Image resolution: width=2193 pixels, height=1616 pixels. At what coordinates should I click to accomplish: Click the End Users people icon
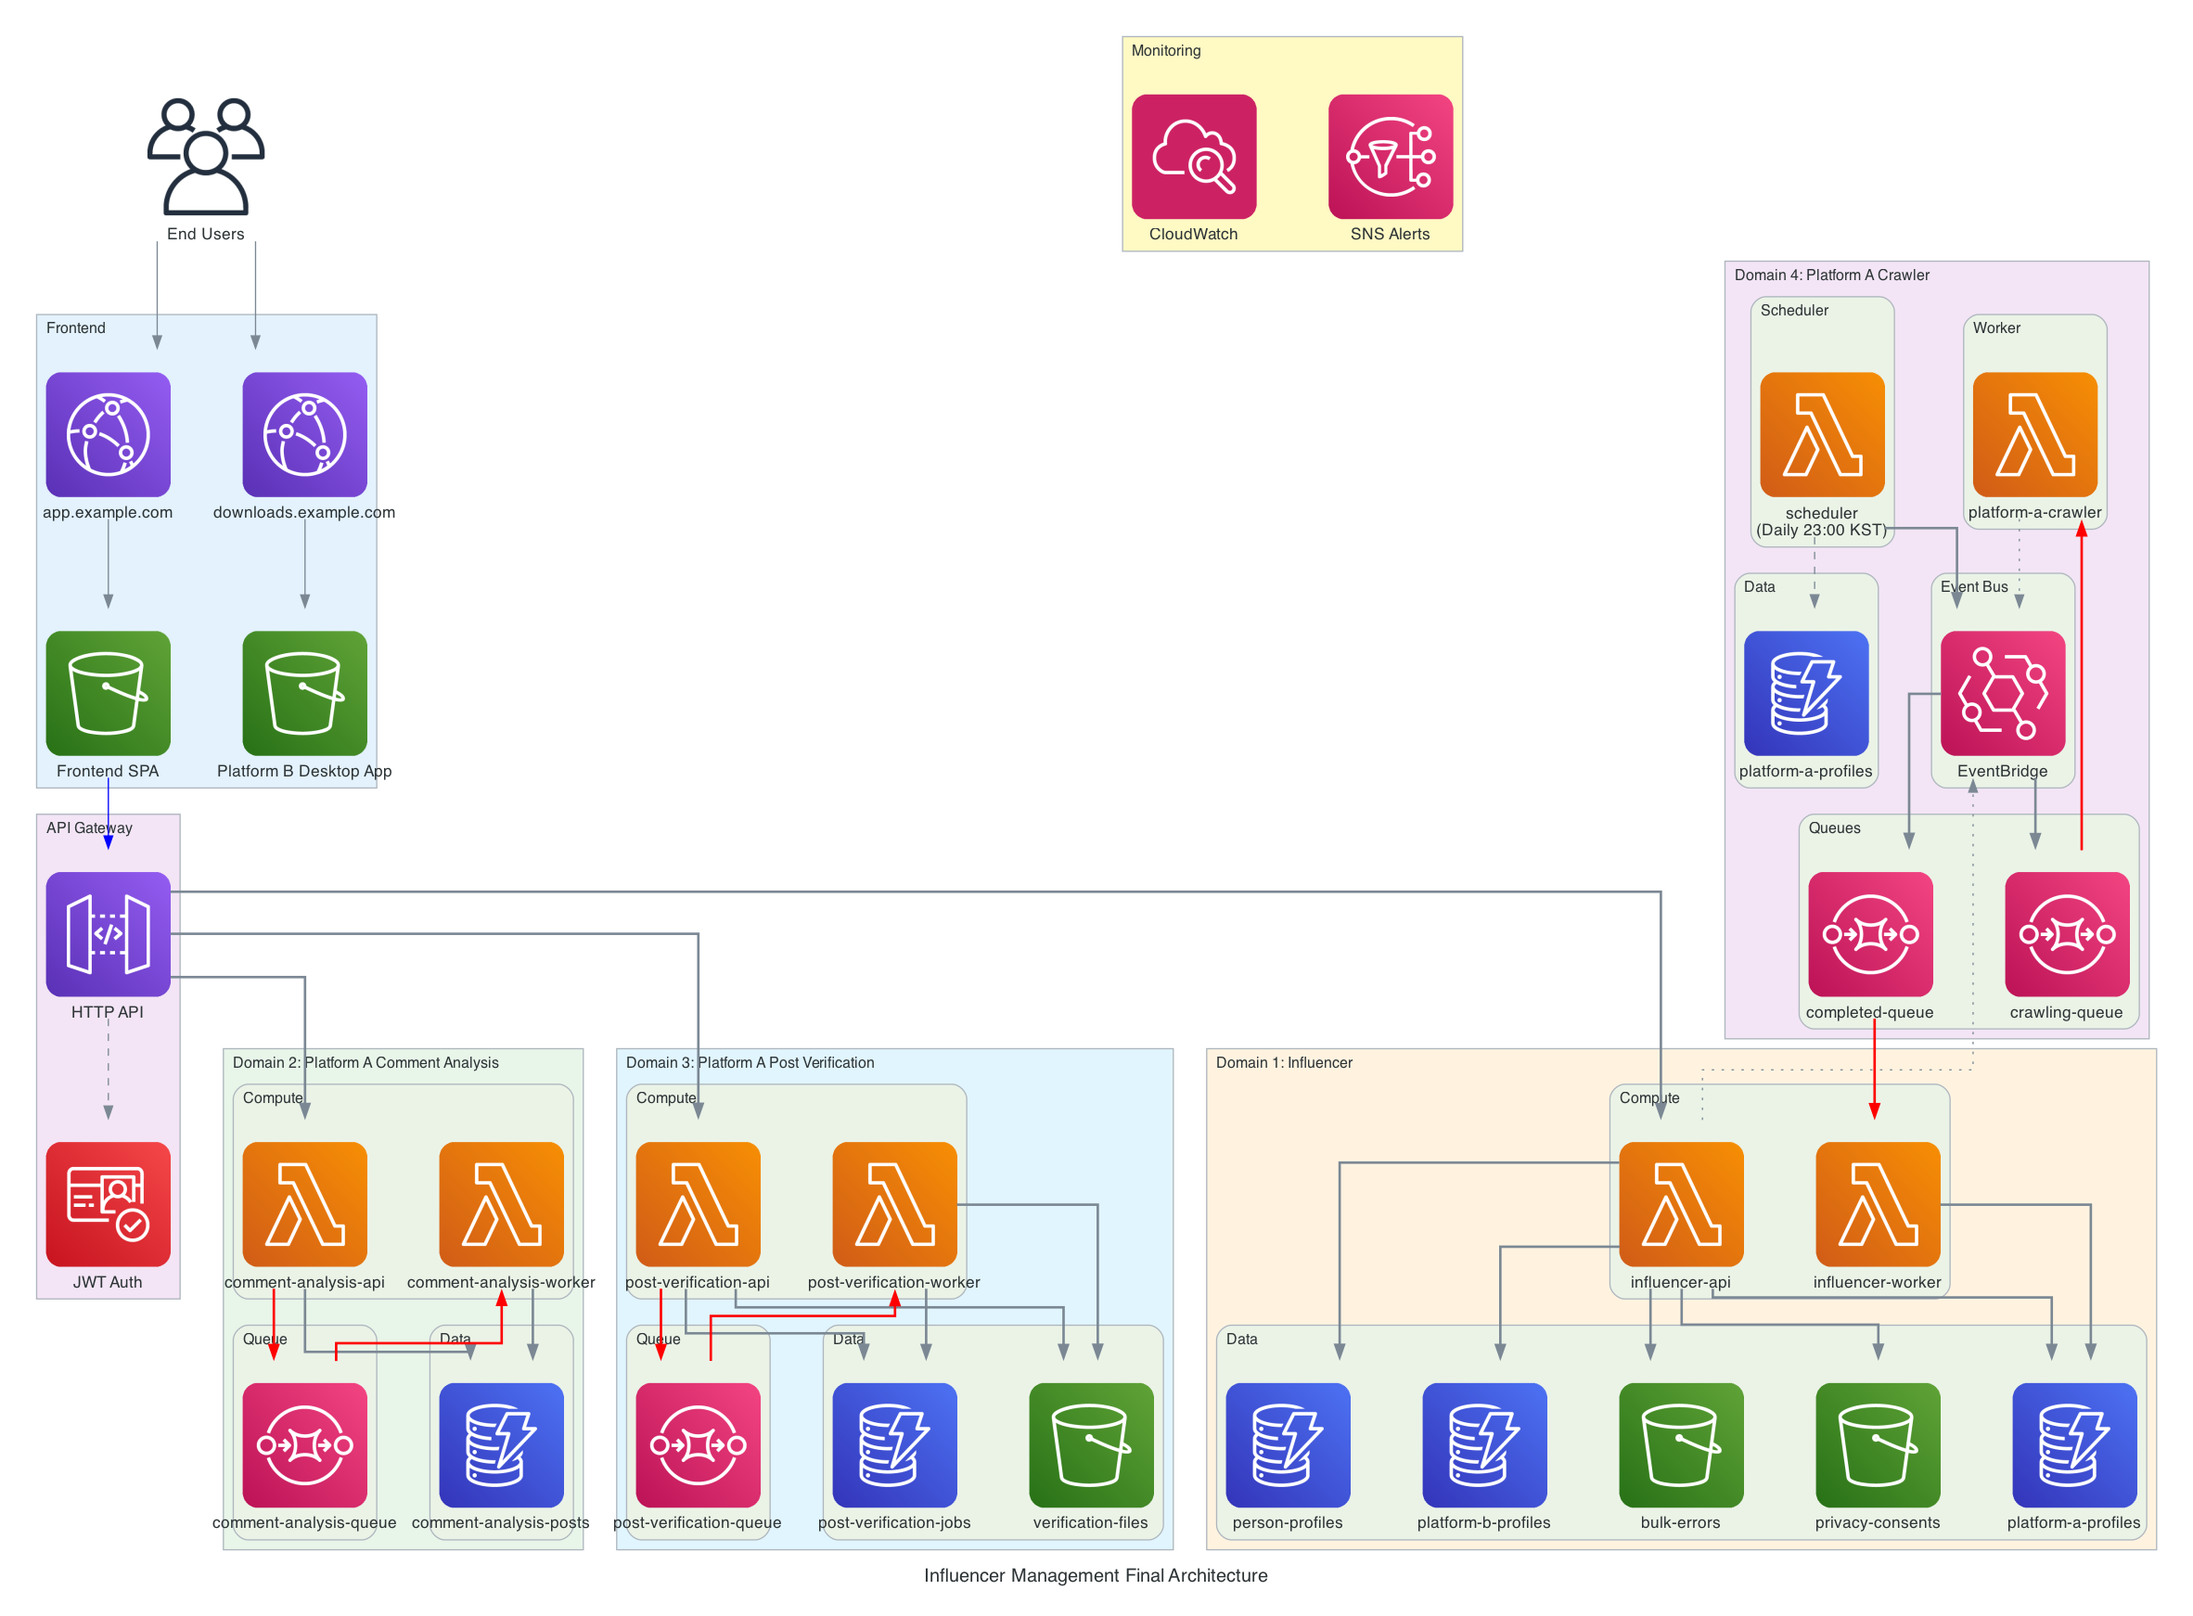[205, 157]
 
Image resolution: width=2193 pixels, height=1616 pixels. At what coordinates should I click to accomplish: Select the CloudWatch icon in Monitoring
[1193, 157]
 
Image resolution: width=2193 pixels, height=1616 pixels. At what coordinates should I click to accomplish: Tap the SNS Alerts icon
[1390, 157]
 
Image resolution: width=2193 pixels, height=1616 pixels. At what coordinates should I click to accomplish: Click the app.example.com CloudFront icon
[108, 434]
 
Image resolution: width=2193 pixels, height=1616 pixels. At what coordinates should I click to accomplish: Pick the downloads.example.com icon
[304, 434]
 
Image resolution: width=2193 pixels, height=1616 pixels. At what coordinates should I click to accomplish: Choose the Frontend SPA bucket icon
[108, 693]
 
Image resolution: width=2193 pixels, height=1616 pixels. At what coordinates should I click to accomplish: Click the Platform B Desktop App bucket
[304, 693]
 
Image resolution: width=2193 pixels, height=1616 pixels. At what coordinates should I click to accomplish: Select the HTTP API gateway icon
[108, 934]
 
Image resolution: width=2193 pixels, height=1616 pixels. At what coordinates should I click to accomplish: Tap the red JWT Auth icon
[108, 1204]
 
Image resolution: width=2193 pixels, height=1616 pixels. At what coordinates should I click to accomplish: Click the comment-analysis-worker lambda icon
[501, 1204]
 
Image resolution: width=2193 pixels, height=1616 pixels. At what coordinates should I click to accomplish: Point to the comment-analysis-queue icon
[304, 1444]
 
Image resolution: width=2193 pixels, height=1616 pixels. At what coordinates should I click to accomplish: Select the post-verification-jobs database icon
[894, 1444]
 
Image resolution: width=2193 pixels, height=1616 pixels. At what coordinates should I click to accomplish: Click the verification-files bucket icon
[1091, 1444]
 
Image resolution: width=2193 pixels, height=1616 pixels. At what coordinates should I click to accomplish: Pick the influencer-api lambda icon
[1680, 1204]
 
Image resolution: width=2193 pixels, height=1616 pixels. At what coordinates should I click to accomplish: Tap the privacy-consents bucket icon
[1877, 1444]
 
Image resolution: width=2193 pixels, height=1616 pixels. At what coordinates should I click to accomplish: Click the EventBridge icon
[2002, 693]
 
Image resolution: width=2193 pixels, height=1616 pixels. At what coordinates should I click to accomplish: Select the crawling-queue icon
[2066, 934]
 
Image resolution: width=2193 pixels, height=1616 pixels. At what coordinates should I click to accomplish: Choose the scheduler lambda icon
[1821, 434]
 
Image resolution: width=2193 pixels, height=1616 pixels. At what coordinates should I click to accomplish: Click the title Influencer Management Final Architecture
[1096, 1575]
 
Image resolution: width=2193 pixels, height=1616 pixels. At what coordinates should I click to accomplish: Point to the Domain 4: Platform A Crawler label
[1831, 275]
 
